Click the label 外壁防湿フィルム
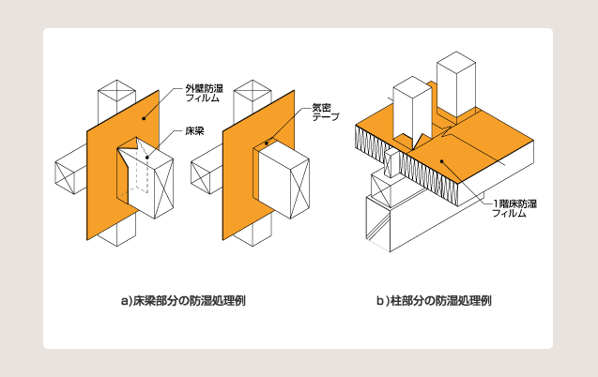tap(201, 95)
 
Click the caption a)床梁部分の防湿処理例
tap(176, 301)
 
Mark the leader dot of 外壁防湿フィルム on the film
tap(144, 119)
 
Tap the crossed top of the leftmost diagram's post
tap(116, 91)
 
